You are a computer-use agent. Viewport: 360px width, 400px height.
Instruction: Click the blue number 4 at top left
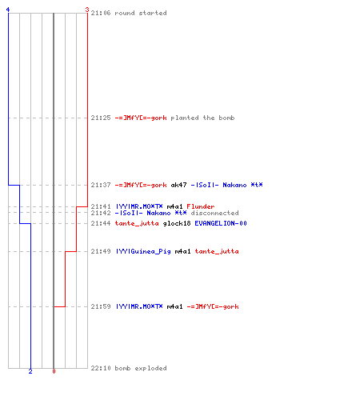point(8,10)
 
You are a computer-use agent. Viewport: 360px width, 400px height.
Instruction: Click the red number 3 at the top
point(87,10)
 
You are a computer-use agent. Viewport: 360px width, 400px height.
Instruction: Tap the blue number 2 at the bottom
point(30,371)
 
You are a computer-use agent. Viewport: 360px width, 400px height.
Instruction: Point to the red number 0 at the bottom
point(54,371)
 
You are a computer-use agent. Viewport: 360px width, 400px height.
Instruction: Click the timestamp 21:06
point(101,13)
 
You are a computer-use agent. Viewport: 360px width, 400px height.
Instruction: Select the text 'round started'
point(141,13)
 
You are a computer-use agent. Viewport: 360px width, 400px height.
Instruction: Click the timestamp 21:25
point(101,118)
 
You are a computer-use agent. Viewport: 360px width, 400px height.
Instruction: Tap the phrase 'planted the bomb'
point(202,118)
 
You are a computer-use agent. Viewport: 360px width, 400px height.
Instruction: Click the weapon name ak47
point(178,185)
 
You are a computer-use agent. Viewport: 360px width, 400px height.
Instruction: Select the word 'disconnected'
point(214,213)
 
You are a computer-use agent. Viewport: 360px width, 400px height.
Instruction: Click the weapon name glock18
point(177,223)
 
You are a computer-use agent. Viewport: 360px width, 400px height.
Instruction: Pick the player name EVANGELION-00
point(221,223)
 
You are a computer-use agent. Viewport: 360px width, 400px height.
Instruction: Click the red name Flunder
point(201,206)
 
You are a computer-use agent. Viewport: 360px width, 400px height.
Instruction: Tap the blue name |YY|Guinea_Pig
point(143,251)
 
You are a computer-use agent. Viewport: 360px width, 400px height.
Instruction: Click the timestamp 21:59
point(101,306)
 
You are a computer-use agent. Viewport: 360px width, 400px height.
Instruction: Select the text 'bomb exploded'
point(141,368)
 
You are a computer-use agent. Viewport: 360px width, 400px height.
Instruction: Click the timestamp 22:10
point(101,368)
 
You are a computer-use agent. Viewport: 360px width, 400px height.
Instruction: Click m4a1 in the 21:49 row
point(182,251)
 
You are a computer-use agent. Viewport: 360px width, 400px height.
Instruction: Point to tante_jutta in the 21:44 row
point(137,223)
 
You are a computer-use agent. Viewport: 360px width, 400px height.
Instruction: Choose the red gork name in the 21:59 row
point(213,306)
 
